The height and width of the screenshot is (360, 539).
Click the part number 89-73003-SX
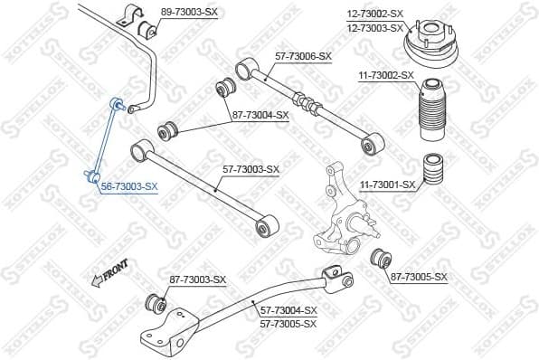189,12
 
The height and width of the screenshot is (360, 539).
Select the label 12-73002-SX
375,14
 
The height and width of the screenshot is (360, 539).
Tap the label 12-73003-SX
375,27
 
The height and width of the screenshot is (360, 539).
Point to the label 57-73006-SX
303,56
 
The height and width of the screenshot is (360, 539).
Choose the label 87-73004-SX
260,115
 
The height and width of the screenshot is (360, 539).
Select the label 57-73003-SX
251,169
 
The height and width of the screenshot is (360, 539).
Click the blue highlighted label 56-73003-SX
128,185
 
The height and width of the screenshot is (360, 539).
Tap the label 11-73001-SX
388,185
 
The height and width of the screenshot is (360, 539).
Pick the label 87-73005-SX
419,276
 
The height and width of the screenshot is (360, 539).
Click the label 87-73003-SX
197,279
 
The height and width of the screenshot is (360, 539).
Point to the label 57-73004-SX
288,309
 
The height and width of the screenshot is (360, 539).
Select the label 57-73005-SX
288,323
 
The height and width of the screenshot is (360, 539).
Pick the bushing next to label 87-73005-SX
382,260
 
